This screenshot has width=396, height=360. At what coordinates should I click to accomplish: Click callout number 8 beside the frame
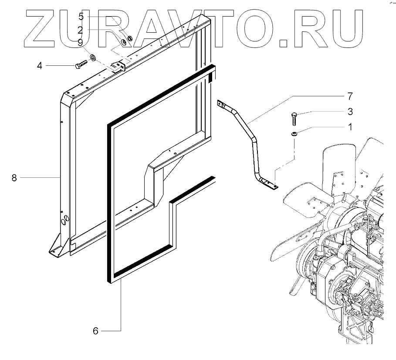pyautogui.click(x=14, y=178)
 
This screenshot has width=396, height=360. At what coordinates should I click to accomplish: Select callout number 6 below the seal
pyautogui.click(x=95, y=331)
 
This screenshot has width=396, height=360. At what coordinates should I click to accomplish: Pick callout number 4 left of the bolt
pyautogui.click(x=39, y=66)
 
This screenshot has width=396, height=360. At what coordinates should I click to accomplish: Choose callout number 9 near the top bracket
pyautogui.click(x=81, y=42)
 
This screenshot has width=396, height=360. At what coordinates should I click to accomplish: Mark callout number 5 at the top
pyautogui.click(x=81, y=17)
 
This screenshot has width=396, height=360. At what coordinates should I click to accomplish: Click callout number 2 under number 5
pyautogui.click(x=81, y=30)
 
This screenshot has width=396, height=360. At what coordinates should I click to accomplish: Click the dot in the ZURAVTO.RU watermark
pyautogui.click(x=284, y=42)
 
